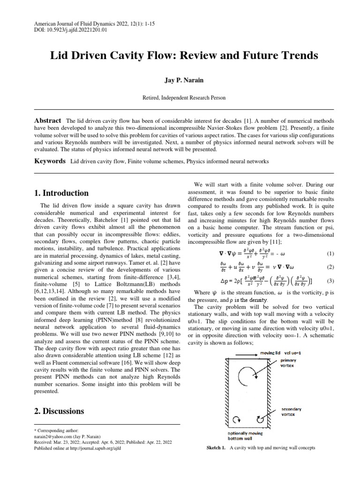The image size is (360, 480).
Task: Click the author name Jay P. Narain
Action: [x=180, y=80]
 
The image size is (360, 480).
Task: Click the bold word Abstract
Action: [x=48, y=120]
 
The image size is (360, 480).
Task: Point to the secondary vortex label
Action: [x=292, y=412]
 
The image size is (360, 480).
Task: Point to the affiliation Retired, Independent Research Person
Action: [x=180, y=97]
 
